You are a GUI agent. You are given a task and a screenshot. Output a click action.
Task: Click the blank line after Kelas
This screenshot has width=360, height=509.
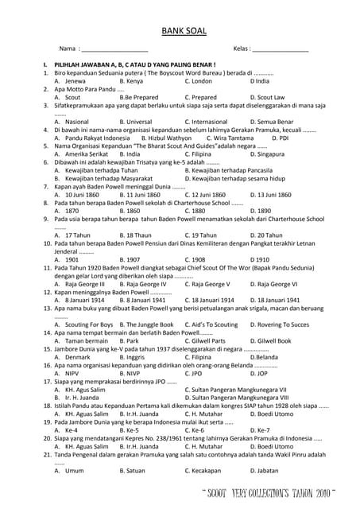[x=281, y=50]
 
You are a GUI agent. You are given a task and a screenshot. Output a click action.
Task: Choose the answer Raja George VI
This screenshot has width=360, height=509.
[x=273, y=283]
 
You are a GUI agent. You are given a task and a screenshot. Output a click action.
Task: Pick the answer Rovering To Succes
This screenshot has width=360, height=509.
[x=279, y=324]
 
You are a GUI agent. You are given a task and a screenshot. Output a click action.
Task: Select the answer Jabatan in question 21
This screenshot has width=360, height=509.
[x=264, y=471]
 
